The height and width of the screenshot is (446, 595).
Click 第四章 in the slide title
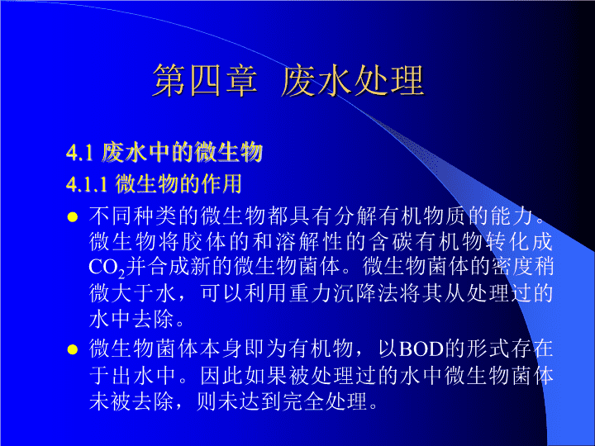205,80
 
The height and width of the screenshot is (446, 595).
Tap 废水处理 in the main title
352,80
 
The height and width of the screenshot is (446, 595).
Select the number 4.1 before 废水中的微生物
79,153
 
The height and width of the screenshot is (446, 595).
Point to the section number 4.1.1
87,184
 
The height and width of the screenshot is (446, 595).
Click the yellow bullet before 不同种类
72,217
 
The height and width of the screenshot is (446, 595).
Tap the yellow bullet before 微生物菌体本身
72,349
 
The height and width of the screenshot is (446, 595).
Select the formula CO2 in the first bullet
107,268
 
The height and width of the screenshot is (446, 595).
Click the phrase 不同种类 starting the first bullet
133,216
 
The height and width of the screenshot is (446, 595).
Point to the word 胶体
193,242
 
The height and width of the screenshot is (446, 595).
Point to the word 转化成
518,242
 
